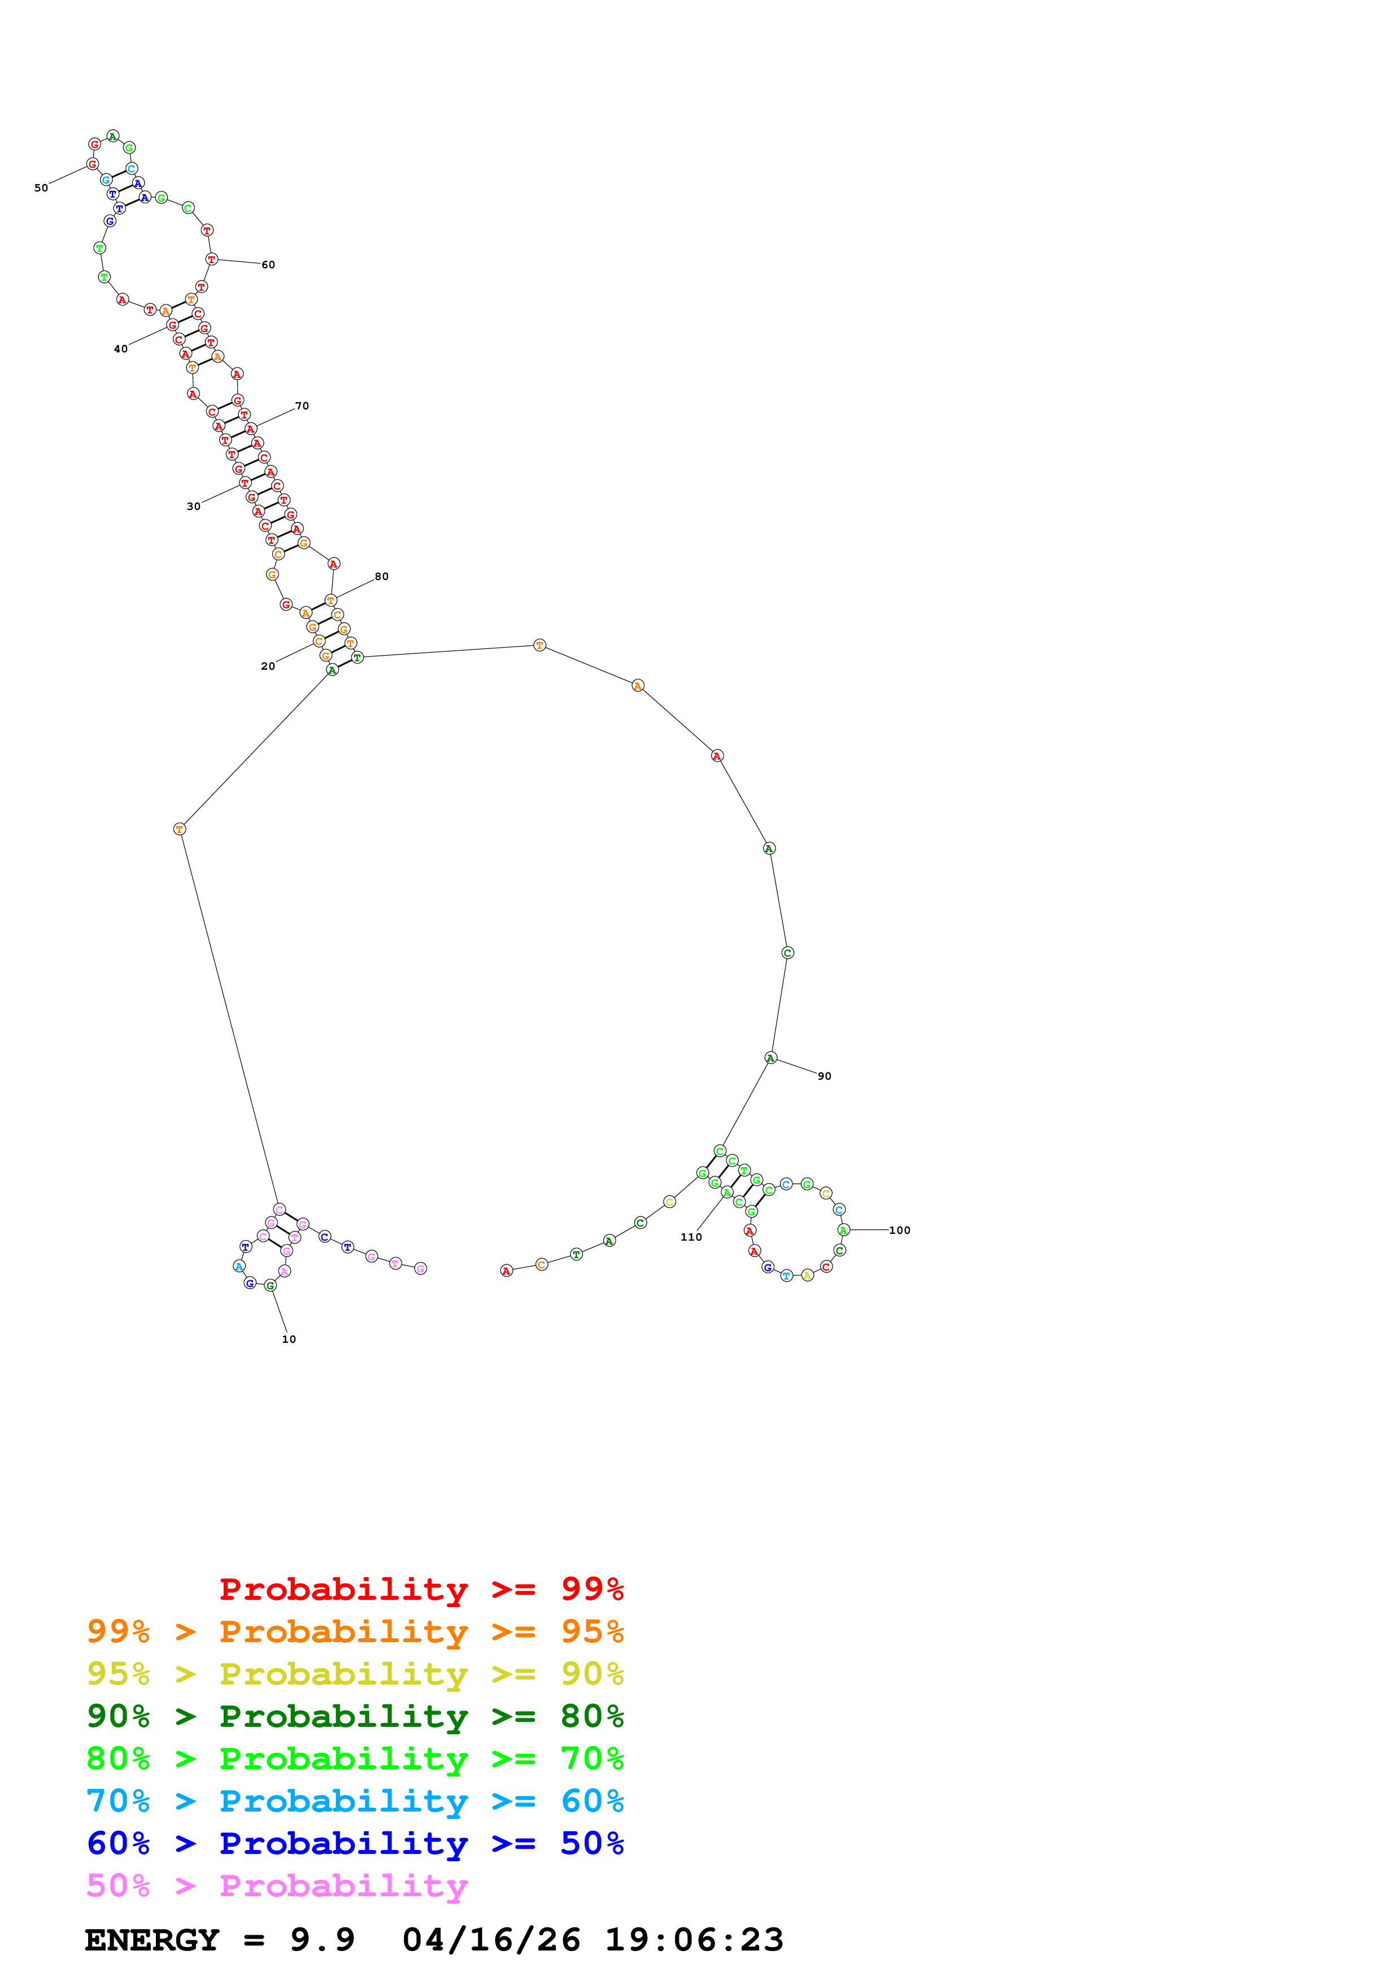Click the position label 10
tap(289, 1339)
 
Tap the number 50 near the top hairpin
tap(41, 188)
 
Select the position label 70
tap(302, 405)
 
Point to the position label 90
tap(825, 1076)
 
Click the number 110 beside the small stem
tap(691, 1236)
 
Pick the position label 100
tap(900, 1231)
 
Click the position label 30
tap(193, 507)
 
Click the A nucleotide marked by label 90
tap(770, 1058)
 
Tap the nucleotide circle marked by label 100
tap(844, 1229)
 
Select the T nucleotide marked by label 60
tap(211, 259)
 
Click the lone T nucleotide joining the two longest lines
tap(180, 829)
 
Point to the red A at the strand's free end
tap(507, 1270)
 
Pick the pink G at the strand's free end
tap(420, 1268)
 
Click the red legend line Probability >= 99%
tap(422, 1589)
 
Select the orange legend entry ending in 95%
tap(355, 1631)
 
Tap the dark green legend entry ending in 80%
tap(355, 1716)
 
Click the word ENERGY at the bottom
tap(152, 1940)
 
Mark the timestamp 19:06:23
tap(695, 1940)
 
